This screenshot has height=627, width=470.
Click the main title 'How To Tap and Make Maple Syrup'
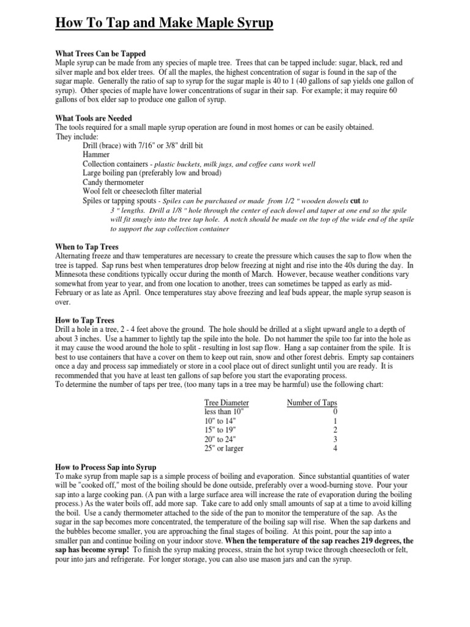click(x=164, y=24)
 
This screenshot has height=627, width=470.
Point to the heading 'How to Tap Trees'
click(x=84, y=320)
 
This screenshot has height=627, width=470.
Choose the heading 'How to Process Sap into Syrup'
click(x=106, y=467)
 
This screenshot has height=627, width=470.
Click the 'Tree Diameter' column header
click(x=226, y=403)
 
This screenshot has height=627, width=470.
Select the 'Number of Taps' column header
click(x=312, y=403)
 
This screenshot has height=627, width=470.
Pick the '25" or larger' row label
click(x=224, y=448)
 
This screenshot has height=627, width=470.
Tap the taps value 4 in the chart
click(x=335, y=448)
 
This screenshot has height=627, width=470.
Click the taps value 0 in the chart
click(x=335, y=412)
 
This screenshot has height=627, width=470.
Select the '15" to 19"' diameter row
click(x=219, y=430)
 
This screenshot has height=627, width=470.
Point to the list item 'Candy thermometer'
click(x=113, y=182)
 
